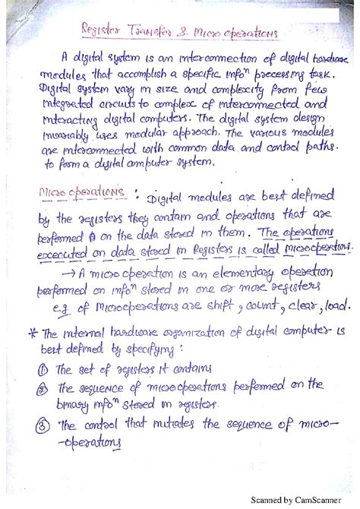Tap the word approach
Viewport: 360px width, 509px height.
(x=178, y=134)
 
